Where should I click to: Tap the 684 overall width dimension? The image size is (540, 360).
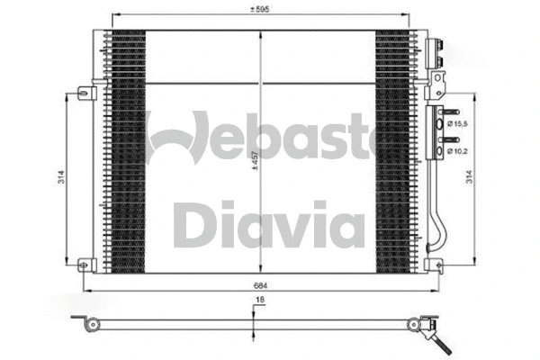pyautogui.click(x=260, y=287)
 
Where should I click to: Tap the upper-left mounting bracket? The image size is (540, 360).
pyautogui.click(x=85, y=92)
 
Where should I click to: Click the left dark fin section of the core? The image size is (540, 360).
pyautogui.click(x=125, y=148)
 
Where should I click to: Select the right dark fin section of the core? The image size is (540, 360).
pyautogui.click(x=393, y=148)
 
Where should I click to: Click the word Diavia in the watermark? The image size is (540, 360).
pyautogui.click(x=260, y=225)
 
